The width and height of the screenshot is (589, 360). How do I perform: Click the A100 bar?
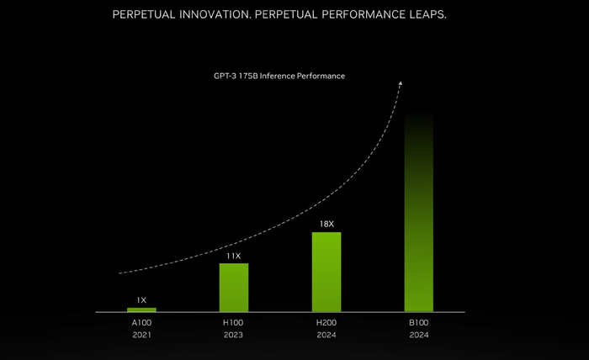pos(141,310)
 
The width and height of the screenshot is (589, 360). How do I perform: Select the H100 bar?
pos(234,287)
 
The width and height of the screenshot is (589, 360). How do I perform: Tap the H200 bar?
pos(326,272)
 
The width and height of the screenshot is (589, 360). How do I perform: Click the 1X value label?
pos(141,299)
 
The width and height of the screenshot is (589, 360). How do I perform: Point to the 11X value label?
pos(234,255)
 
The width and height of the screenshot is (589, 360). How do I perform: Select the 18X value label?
pos(326,224)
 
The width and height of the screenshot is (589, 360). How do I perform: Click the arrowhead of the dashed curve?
pos(401,83)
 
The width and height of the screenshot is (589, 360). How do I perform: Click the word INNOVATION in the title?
pos(231,16)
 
